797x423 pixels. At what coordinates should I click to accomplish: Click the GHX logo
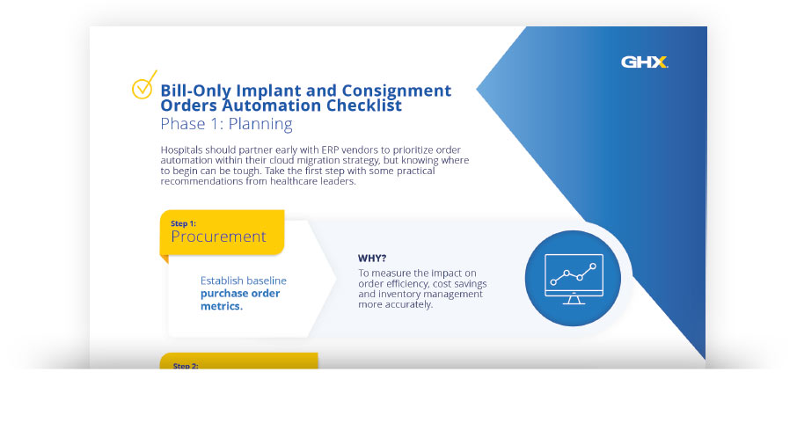click(645, 62)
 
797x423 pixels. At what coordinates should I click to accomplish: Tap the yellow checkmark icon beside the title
click(143, 85)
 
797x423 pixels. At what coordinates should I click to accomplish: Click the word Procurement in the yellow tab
click(218, 237)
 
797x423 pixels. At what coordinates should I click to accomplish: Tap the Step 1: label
click(184, 223)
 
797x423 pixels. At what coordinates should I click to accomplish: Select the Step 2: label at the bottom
click(186, 365)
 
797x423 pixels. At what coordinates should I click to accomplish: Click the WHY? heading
click(375, 259)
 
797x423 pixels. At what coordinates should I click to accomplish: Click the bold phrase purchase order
click(240, 293)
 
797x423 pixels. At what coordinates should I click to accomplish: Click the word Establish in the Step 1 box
click(223, 281)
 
